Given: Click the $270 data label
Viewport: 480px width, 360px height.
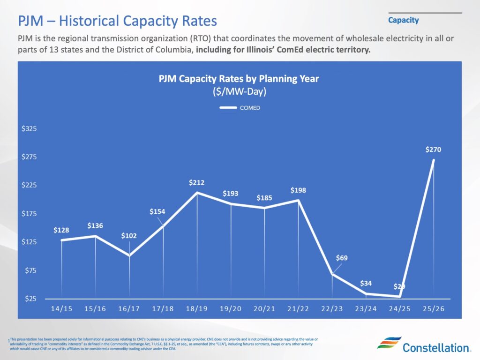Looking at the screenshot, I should point(433,150).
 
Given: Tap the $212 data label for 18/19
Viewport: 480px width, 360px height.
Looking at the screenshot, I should point(196,182).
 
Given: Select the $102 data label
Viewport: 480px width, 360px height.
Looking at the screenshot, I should point(129,236).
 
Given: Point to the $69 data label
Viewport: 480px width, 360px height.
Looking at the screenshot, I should point(342,258).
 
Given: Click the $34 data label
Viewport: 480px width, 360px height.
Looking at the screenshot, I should point(366,284).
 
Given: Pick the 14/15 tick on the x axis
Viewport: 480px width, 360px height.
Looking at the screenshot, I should point(61,310).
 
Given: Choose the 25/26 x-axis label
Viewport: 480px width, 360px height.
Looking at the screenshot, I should point(434,310).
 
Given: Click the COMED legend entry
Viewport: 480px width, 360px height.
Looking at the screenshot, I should point(240,108).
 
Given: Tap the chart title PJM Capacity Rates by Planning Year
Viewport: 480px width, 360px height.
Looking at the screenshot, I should point(239,79).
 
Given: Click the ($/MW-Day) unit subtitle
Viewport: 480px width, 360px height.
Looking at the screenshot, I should point(239,92).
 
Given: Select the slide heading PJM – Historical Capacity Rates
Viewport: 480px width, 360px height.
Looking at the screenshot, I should point(117,21).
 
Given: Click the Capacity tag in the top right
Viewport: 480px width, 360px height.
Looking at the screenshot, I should point(403,20).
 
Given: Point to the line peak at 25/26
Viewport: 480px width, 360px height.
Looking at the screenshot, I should point(434,160).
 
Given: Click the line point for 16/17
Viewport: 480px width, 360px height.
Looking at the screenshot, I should point(129,255).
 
